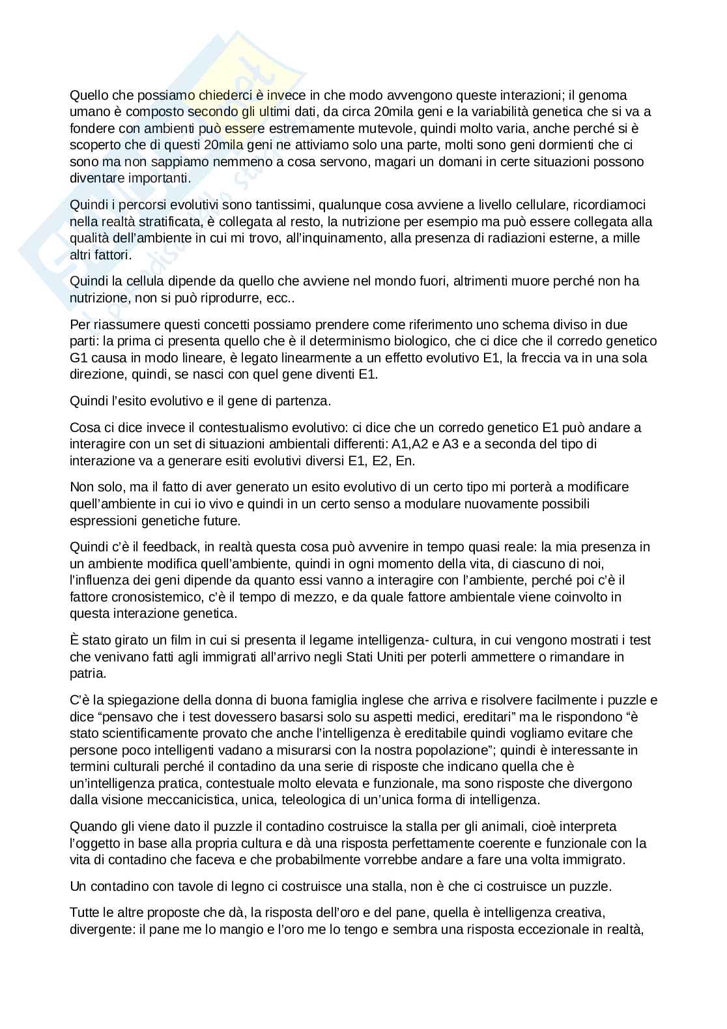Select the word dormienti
[541, 145]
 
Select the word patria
[87, 673]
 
